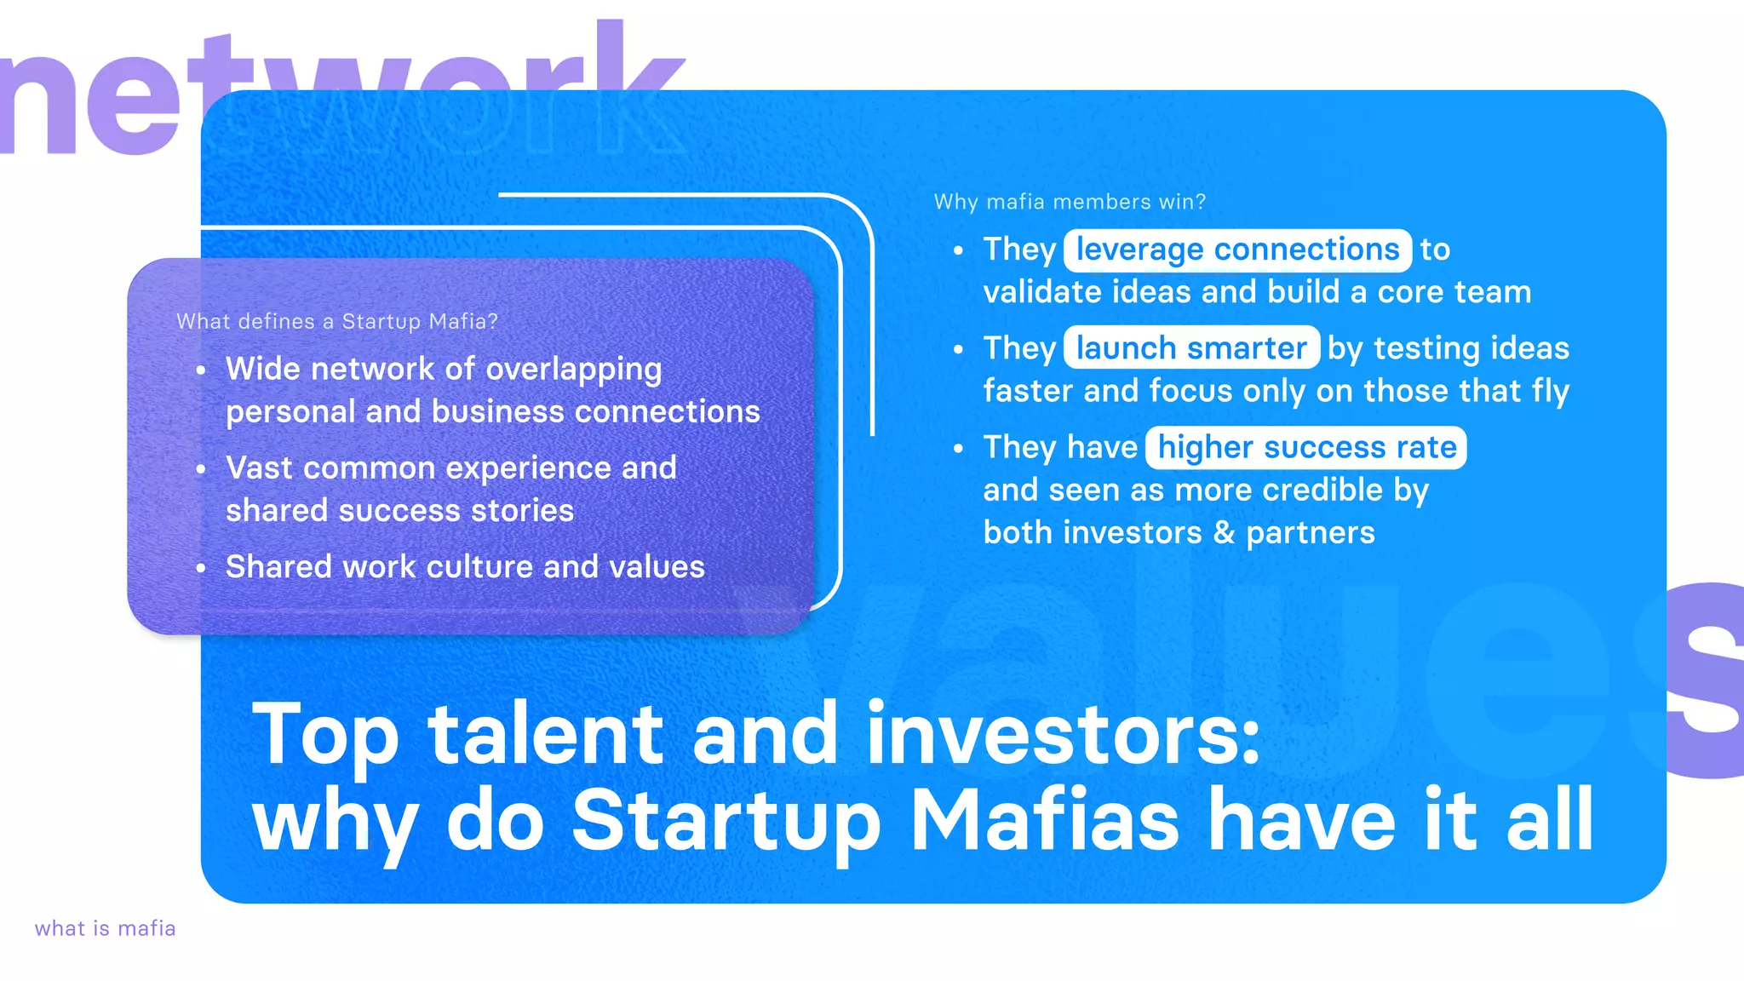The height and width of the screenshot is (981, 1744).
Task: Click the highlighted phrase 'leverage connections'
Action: pyautogui.click(x=1236, y=250)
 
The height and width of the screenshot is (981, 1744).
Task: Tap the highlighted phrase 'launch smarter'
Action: pyautogui.click(x=1190, y=348)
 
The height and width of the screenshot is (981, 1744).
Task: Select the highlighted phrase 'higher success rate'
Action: pyautogui.click(x=1305, y=448)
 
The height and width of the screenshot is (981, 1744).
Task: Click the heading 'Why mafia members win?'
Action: pyautogui.click(x=1070, y=202)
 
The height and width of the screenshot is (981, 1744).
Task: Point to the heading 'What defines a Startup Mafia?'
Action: pyautogui.click(x=337, y=322)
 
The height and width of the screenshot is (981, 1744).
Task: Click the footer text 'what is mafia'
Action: pyautogui.click(x=105, y=928)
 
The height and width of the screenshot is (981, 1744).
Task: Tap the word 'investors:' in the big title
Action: pyautogui.click(x=1063, y=734)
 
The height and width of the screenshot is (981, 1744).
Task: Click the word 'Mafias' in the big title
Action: pyautogui.click(x=1045, y=820)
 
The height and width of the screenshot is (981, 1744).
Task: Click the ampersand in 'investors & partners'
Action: pyautogui.click(x=1224, y=533)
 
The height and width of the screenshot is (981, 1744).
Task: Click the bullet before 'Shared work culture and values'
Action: pyautogui.click(x=201, y=568)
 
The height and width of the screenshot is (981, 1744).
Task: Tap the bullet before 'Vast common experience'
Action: pyautogui.click(x=201, y=469)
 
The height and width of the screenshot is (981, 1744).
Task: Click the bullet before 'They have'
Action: pyautogui.click(x=959, y=449)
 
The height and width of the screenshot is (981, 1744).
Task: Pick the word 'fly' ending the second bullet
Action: pyautogui.click(x=1550, y=392)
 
